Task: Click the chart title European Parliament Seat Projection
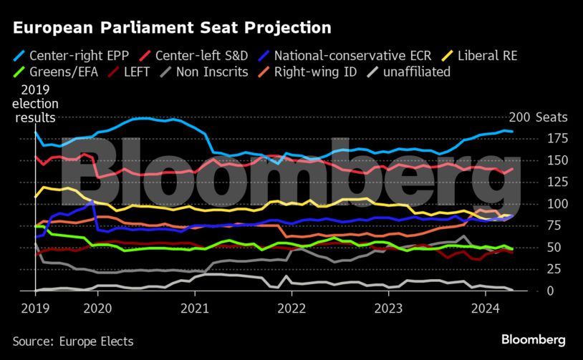click(x=172, y=28)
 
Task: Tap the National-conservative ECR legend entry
click(x=340, y=54)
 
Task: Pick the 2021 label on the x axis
click(x=194, y=308)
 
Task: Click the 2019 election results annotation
click(x=37, y=103)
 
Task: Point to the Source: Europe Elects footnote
click(x=73, y=341)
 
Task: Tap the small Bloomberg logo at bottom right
click(x=534, y=339)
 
